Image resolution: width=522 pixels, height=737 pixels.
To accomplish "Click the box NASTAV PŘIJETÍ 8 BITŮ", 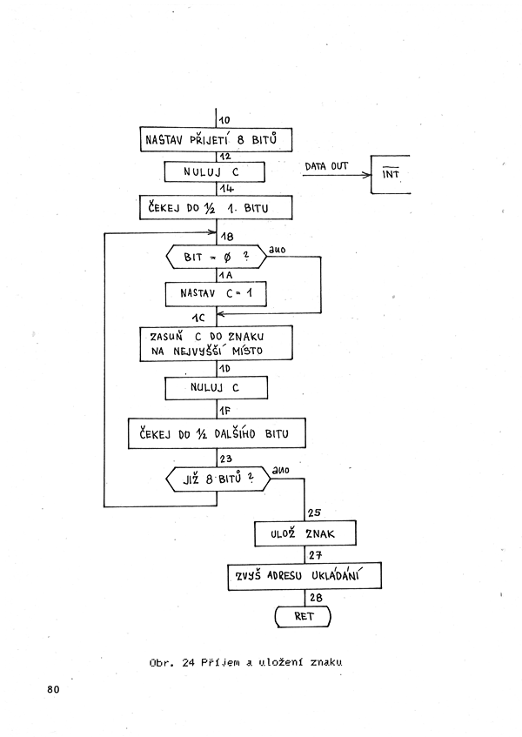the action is [216, 139].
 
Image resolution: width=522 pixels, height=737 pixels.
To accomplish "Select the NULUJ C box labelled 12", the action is [215, 172].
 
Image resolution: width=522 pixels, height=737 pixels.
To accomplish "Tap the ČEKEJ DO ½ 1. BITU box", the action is [216, 208].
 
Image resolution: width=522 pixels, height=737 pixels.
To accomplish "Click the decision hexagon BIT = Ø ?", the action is [217, 257].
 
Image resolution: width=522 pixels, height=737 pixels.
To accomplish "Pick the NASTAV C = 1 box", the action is [216, 294].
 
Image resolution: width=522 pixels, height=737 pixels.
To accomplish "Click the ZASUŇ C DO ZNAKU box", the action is [216, 344].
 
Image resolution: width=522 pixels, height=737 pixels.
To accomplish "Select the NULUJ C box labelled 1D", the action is [216, 388].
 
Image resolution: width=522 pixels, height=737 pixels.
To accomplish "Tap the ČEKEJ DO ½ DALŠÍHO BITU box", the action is [217, 433].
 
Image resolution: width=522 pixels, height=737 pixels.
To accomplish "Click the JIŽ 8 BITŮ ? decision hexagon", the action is [218, 479].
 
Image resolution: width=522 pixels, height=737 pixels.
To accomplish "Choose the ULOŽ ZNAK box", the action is [305, 533].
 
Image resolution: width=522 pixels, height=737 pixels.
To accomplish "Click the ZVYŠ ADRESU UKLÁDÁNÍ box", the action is [304, 576].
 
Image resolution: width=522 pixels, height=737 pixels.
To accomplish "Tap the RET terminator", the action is [303, 616].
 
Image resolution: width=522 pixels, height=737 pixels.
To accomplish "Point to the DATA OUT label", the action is [326, 166].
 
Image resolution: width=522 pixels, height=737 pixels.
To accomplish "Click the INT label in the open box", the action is [391, 173].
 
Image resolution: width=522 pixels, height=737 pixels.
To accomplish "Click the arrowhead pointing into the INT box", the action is [367, 175].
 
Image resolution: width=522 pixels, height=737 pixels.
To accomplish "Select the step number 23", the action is [226, 459].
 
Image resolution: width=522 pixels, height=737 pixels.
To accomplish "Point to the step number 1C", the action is [198, 318].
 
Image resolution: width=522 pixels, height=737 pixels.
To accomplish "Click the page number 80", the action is [54, 689].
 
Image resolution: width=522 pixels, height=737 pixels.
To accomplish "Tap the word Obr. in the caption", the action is [161, 663].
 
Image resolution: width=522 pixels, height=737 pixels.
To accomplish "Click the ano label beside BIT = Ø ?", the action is [278, 250].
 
